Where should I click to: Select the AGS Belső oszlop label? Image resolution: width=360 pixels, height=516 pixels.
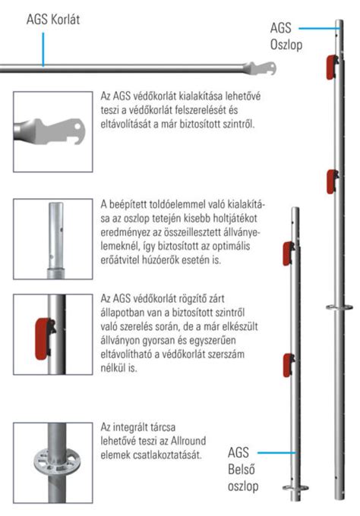coord(245,467)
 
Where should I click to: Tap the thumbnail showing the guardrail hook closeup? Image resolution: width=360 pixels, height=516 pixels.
coord(50,131)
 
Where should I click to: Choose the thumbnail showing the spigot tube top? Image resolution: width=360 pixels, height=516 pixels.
coord(51,240)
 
